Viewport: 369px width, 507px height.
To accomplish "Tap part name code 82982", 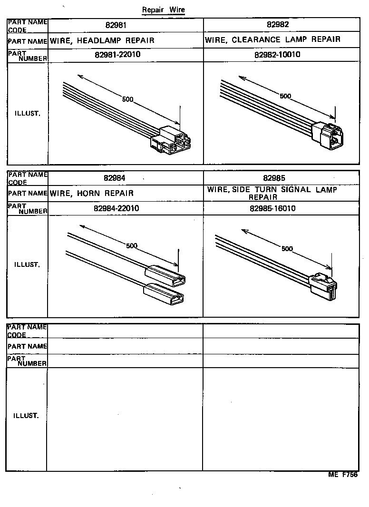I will point(278,25).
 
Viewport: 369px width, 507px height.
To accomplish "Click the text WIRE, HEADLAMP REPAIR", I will point(102,40).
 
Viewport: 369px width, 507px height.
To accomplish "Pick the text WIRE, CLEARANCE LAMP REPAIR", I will point(272,39).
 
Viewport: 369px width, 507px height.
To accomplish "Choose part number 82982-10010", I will point(277,55).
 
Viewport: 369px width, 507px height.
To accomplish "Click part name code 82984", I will point(115,178).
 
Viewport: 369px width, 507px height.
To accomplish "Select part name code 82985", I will point(274,178).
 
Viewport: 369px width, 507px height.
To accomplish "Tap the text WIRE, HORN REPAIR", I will point(92,193).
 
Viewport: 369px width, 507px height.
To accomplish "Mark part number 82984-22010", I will point(117,208).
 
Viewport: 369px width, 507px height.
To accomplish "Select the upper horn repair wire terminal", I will point(165,274).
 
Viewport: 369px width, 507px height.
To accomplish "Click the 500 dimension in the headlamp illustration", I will point(127,100).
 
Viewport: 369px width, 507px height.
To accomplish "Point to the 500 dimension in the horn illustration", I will point(132,245).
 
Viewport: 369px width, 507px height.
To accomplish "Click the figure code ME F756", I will point(342,475).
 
